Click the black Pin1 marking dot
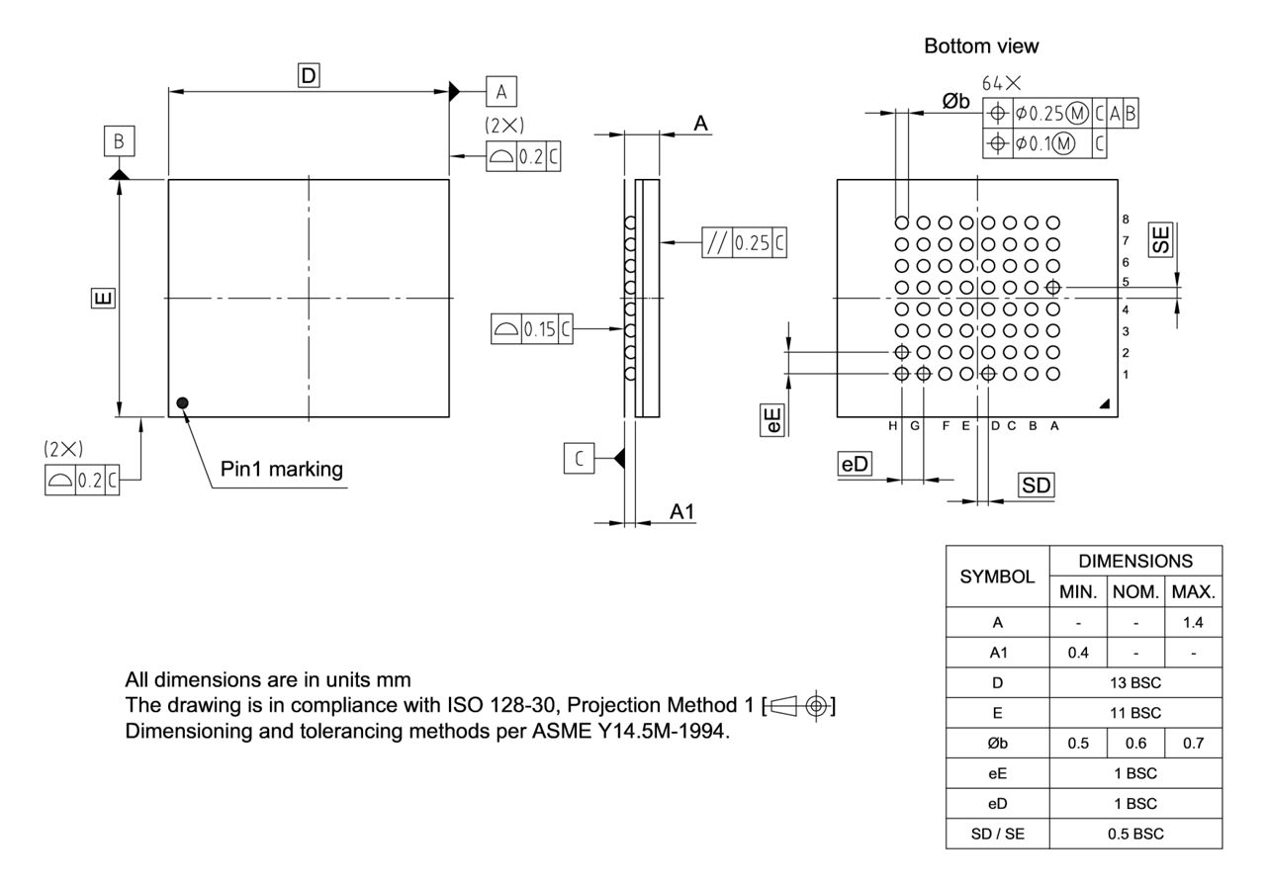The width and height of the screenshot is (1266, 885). [182, 402]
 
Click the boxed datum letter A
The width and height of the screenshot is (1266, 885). [501, 92]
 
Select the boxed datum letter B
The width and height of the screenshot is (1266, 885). [119, 141]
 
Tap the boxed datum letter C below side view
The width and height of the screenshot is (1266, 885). [580, 458]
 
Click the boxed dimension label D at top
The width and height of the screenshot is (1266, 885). [310, 74]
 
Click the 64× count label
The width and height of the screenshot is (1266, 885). [1000, 85]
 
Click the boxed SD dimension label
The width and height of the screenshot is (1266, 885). [1038, 485]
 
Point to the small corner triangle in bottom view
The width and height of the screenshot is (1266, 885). [1104, 403]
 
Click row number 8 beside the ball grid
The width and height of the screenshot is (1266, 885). [1126, 220]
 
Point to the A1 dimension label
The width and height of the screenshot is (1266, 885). [681, 512]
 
